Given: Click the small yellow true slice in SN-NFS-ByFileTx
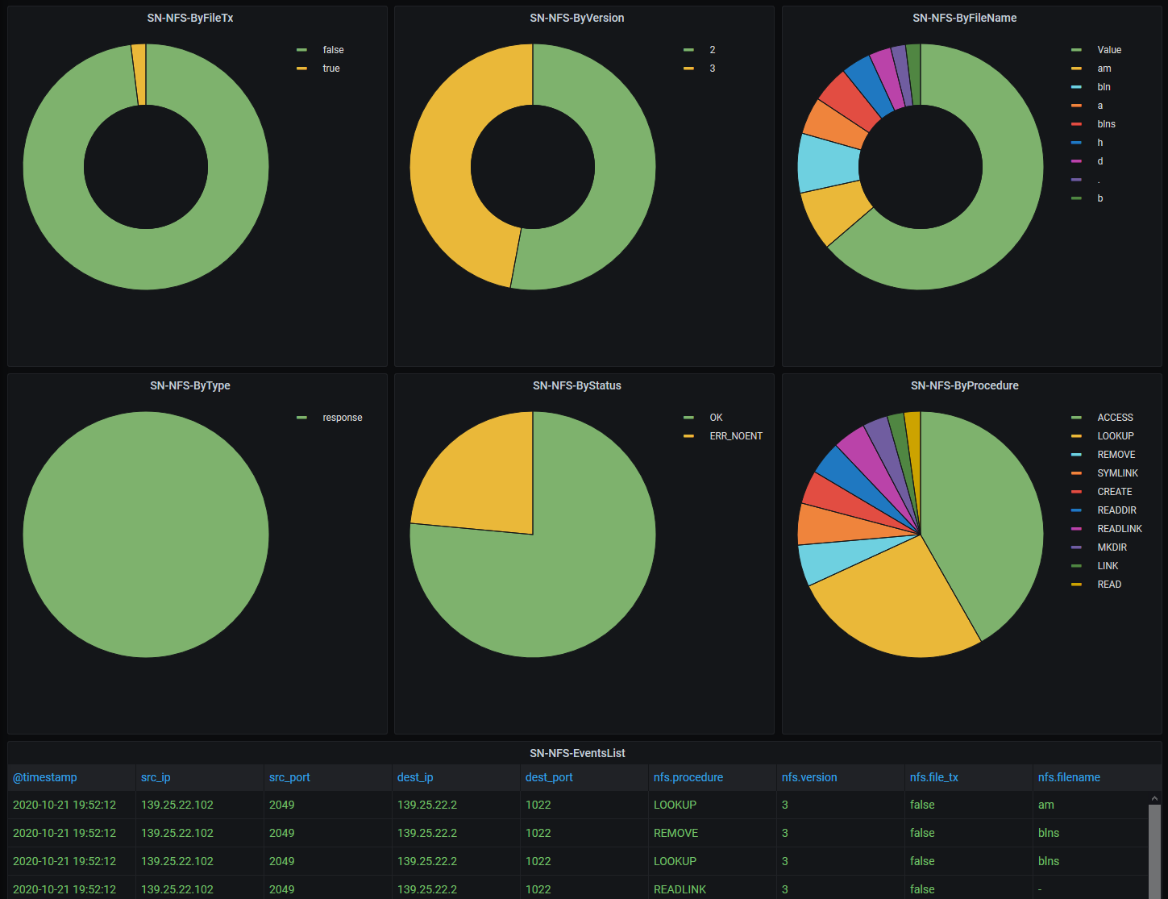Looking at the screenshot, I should pyautogui.click(x=139, y=74).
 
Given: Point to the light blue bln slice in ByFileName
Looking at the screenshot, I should pyautogui.click(x=829, y=162).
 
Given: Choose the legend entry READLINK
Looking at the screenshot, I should pyautogui.click(x=1119, y=529).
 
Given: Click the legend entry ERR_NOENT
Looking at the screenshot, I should pyautogui.click(x=735, y=436).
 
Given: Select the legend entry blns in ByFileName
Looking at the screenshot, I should pyautogui.click(x=1106, y=124).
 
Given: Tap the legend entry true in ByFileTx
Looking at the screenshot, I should pyautogui.click(x=330, y=69).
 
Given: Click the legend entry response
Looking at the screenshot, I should pyautogui.click(x=342, y=418).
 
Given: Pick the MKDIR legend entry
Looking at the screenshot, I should pyautogui.click(x=1112, y=547).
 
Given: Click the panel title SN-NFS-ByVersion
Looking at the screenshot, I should pyautogui.click(x=576, y=18).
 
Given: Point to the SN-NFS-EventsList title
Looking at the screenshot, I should pyautogui.click(x=577, y=753).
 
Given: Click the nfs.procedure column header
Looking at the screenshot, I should pyautogui.click(x=688, y=777).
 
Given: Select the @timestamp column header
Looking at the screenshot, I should pyautogui.click(x=45, y=777).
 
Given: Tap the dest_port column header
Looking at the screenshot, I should pyautogui.click(x=549, y=777).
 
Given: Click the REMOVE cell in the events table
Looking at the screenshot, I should pyautogui.click(x=675, y=833).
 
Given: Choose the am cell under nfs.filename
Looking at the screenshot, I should pyautogui.click(x=1045, y=805).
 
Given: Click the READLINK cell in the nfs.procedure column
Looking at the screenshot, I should pyautogui.click(x=680, y=889).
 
